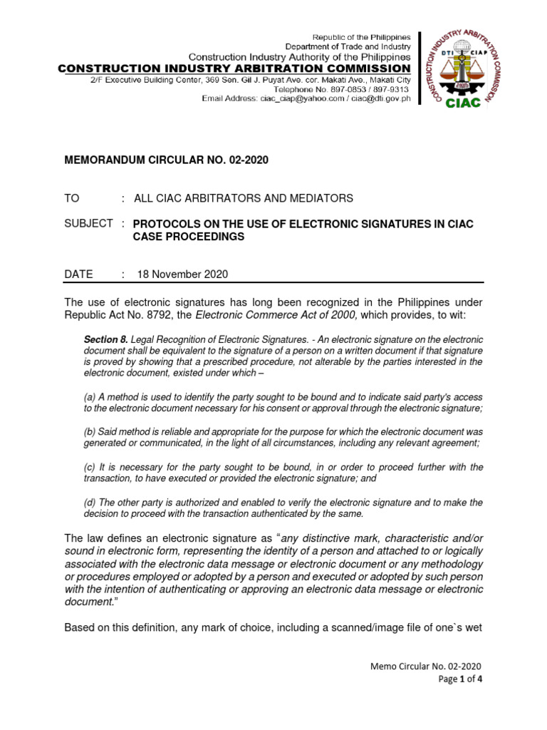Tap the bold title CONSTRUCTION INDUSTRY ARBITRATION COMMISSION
[x=234, y=68]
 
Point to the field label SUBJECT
[x=88, y=224]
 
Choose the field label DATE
[x=78, y=274]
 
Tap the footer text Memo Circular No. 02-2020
[x=426, y=666]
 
